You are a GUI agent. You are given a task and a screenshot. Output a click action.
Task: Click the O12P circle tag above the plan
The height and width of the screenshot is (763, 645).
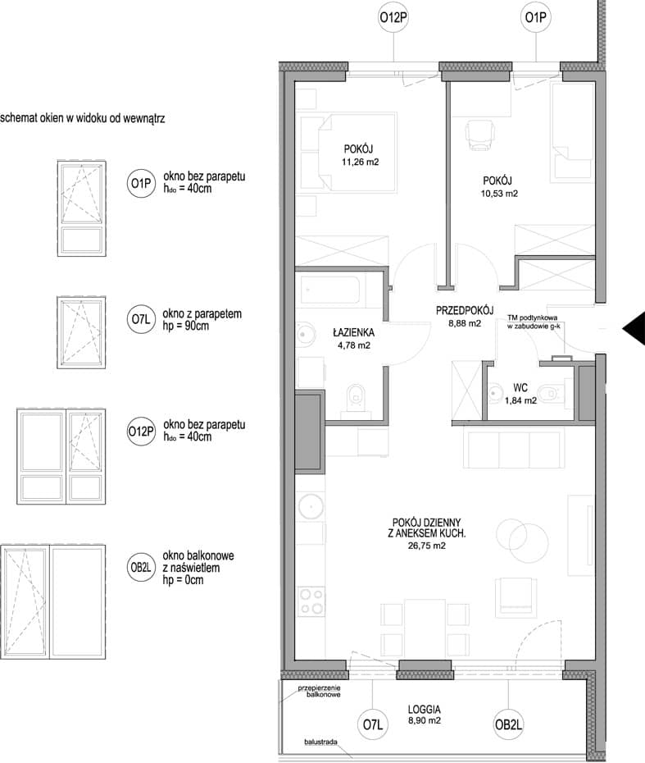coord(393,17)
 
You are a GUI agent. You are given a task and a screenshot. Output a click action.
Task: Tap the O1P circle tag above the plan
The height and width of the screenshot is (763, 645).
coord(536,17)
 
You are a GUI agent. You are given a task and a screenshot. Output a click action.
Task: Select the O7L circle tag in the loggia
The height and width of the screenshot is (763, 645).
coord(373,724)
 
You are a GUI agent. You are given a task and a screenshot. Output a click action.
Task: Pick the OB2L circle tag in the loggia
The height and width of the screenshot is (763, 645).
coord(508,724)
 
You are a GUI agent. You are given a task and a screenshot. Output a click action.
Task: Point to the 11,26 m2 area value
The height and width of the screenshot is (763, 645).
coord(360,162)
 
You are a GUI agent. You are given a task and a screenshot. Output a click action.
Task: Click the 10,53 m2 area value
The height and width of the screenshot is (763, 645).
coord(499,193)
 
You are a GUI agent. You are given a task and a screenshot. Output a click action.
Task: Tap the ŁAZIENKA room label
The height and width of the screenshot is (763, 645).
coord(353,333)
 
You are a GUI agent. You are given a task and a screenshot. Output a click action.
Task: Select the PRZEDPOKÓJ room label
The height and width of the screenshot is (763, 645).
coord(465,310)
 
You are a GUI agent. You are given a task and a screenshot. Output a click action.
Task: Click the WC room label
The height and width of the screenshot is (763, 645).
coord(520,388)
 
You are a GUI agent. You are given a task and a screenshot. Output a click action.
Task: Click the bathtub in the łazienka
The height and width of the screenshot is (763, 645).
coord(330,290)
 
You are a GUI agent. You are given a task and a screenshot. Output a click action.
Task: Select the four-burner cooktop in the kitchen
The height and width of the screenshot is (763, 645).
coord(311,601)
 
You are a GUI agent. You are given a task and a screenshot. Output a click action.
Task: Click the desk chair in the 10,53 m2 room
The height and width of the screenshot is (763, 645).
coord(480,135)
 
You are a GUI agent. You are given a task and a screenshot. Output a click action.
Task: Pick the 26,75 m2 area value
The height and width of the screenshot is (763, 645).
coord(427,546)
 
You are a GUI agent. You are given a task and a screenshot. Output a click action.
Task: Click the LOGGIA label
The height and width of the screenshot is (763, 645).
coord(425,710)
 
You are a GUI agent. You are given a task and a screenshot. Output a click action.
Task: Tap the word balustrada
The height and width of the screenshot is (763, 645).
coord(320,742)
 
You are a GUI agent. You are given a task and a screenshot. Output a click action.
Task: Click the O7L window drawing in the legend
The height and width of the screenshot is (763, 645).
coord(81,332)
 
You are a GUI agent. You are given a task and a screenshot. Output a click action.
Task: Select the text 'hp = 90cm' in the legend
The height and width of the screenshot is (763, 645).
coord(186,326)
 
